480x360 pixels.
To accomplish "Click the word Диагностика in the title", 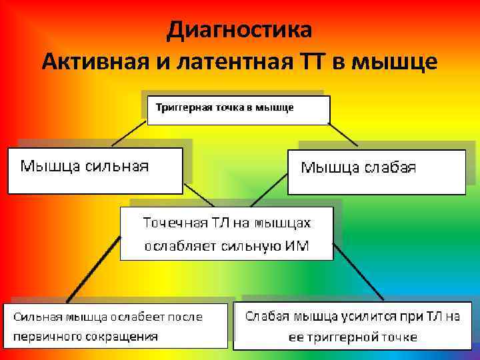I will pyautogui.click(x=239, y=29).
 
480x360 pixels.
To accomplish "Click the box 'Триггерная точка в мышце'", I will pyautogui.click(x=238, y=110).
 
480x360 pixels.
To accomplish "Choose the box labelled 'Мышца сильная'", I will pyautogui.click(x=95, y=171).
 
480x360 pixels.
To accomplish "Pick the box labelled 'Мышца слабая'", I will pyautogui.click(x=376, y=172).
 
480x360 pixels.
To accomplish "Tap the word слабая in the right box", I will pyautogui.click(x=390, y=167).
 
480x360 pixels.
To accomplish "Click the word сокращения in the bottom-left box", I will pyautogui.click(x=121, y=336).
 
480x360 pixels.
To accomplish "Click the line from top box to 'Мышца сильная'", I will pyautogui.click(x=129, y=133).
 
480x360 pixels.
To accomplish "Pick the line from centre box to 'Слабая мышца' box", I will pyautogui.click(x=358, y=271).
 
